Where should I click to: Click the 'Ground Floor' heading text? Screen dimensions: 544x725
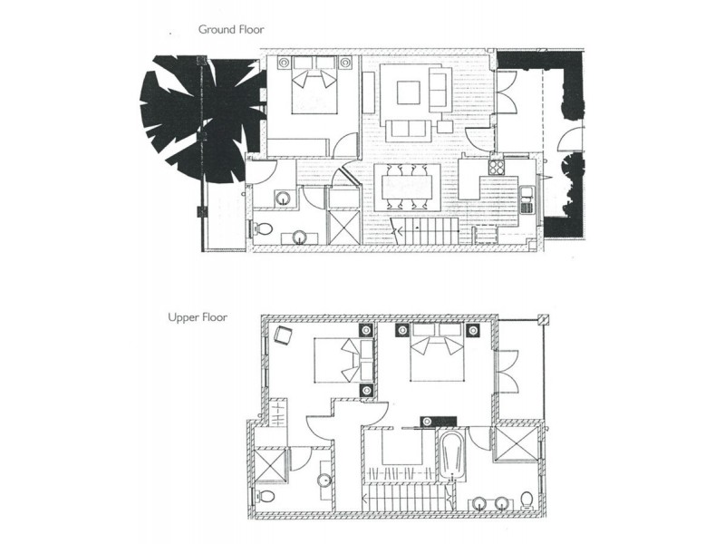231,29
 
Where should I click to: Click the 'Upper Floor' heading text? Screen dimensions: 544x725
197,317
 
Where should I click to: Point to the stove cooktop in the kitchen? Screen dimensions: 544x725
496,167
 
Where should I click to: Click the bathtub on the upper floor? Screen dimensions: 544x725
451,455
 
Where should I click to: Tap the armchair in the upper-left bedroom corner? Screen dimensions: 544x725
283,335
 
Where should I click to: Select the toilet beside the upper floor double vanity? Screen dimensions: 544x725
527,500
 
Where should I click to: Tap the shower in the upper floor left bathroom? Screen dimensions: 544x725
271,464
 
